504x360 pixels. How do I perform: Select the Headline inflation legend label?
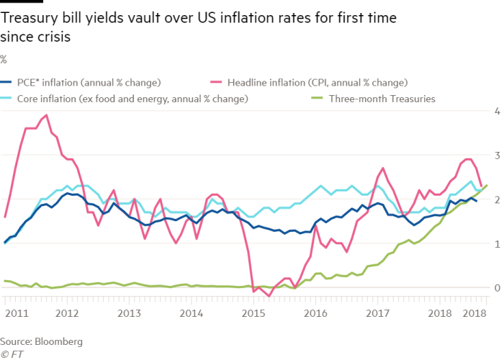(318, 82)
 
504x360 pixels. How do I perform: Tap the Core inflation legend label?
(132, 99)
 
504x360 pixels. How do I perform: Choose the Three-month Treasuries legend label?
(382, 99)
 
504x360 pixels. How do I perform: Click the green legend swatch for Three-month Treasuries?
(315, 99)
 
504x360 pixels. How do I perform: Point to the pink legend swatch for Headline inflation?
(215, 82)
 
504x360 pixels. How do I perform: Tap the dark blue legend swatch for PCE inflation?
(6, 82)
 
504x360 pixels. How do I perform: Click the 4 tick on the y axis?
(495, 112)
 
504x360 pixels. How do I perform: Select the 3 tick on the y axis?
(495, 156)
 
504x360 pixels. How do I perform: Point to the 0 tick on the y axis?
(495, 288)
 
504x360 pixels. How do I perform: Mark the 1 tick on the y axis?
(495, 244)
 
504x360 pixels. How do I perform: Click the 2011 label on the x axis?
(16, 314)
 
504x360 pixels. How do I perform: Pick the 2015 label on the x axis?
(252, 314)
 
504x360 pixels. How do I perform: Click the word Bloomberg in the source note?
(58, 341)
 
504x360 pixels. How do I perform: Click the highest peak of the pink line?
(47, 114)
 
